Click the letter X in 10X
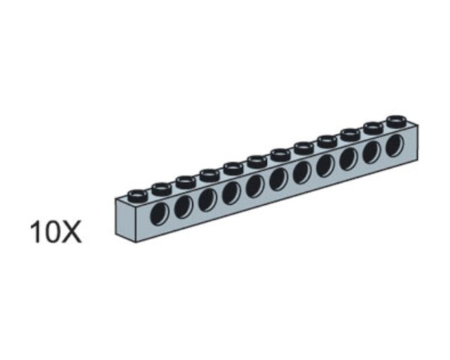pos(69,232)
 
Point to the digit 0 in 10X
pos(50,232)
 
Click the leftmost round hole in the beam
pos(159,214)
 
